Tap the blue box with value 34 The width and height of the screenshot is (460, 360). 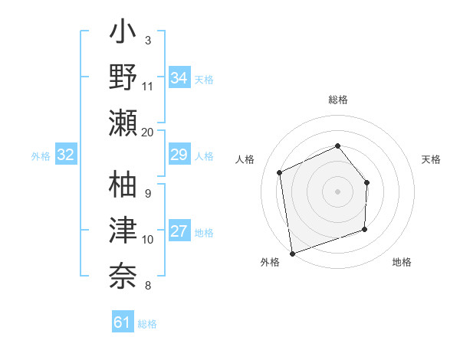tap(179, 77)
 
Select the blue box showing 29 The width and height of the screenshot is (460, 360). tap(179, 155)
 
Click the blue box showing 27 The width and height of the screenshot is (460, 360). tap(179, 232)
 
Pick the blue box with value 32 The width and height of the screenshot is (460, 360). tap(66, 155)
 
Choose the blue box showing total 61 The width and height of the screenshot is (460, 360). tap(123, 322)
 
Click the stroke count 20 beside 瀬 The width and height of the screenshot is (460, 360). tap(148, 132)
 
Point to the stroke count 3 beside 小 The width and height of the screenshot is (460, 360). tap(148, 40)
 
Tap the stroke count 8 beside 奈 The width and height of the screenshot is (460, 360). tap(148, 286)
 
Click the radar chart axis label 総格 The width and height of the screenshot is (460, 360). tap(337, 100)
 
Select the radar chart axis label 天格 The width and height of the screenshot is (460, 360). tap(431, 159)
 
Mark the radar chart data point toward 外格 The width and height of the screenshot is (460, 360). tap(291, 252)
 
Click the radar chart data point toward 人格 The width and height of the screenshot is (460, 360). tap(280, 172)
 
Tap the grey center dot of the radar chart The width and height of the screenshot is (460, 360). tap(337, 191)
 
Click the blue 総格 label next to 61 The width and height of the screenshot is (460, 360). tap(147, 324)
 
